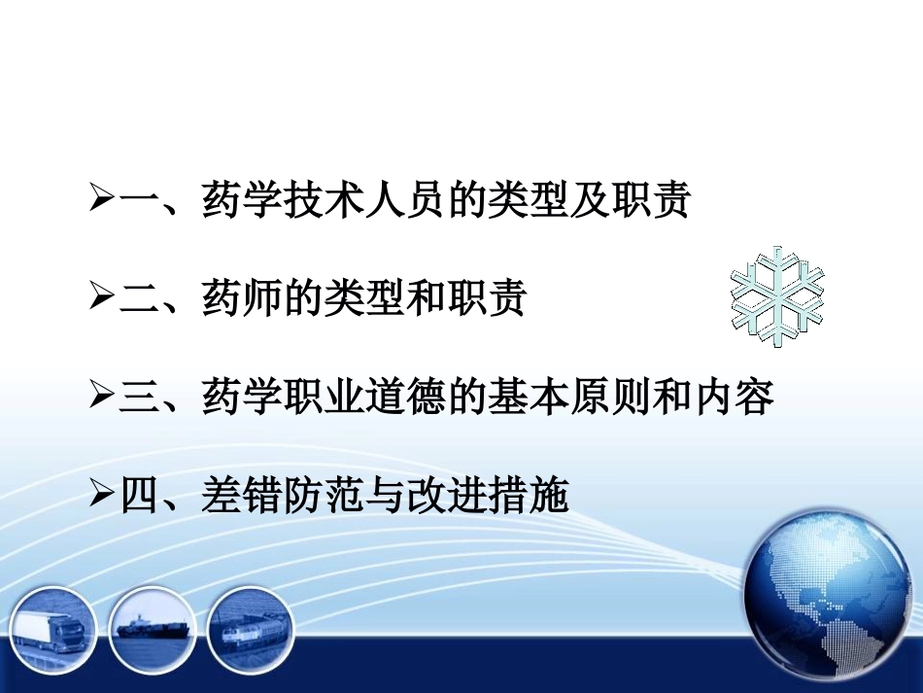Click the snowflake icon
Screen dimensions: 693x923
(777, 295)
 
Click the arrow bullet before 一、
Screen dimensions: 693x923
(102, 201)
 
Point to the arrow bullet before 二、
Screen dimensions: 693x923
(102, 299)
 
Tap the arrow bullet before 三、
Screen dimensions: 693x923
(102, 398)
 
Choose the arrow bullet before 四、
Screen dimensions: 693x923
(102, 497)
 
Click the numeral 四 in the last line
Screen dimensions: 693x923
(140, 497)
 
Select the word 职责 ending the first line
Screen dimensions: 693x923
(650, 201)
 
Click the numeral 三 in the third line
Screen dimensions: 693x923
(140, 398)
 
